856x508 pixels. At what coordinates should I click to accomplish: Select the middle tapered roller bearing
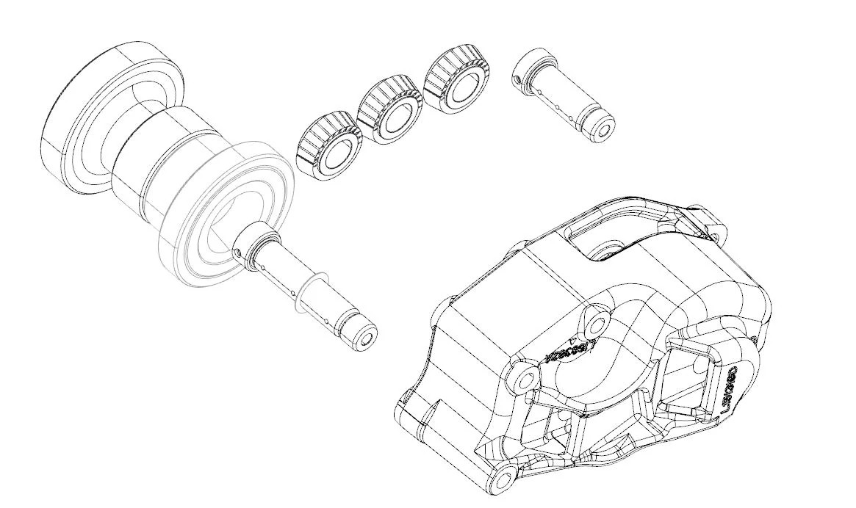point(389,110)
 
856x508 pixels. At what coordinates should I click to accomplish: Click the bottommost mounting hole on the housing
point(503,480)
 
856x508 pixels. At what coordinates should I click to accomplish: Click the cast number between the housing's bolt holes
point(569,352)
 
